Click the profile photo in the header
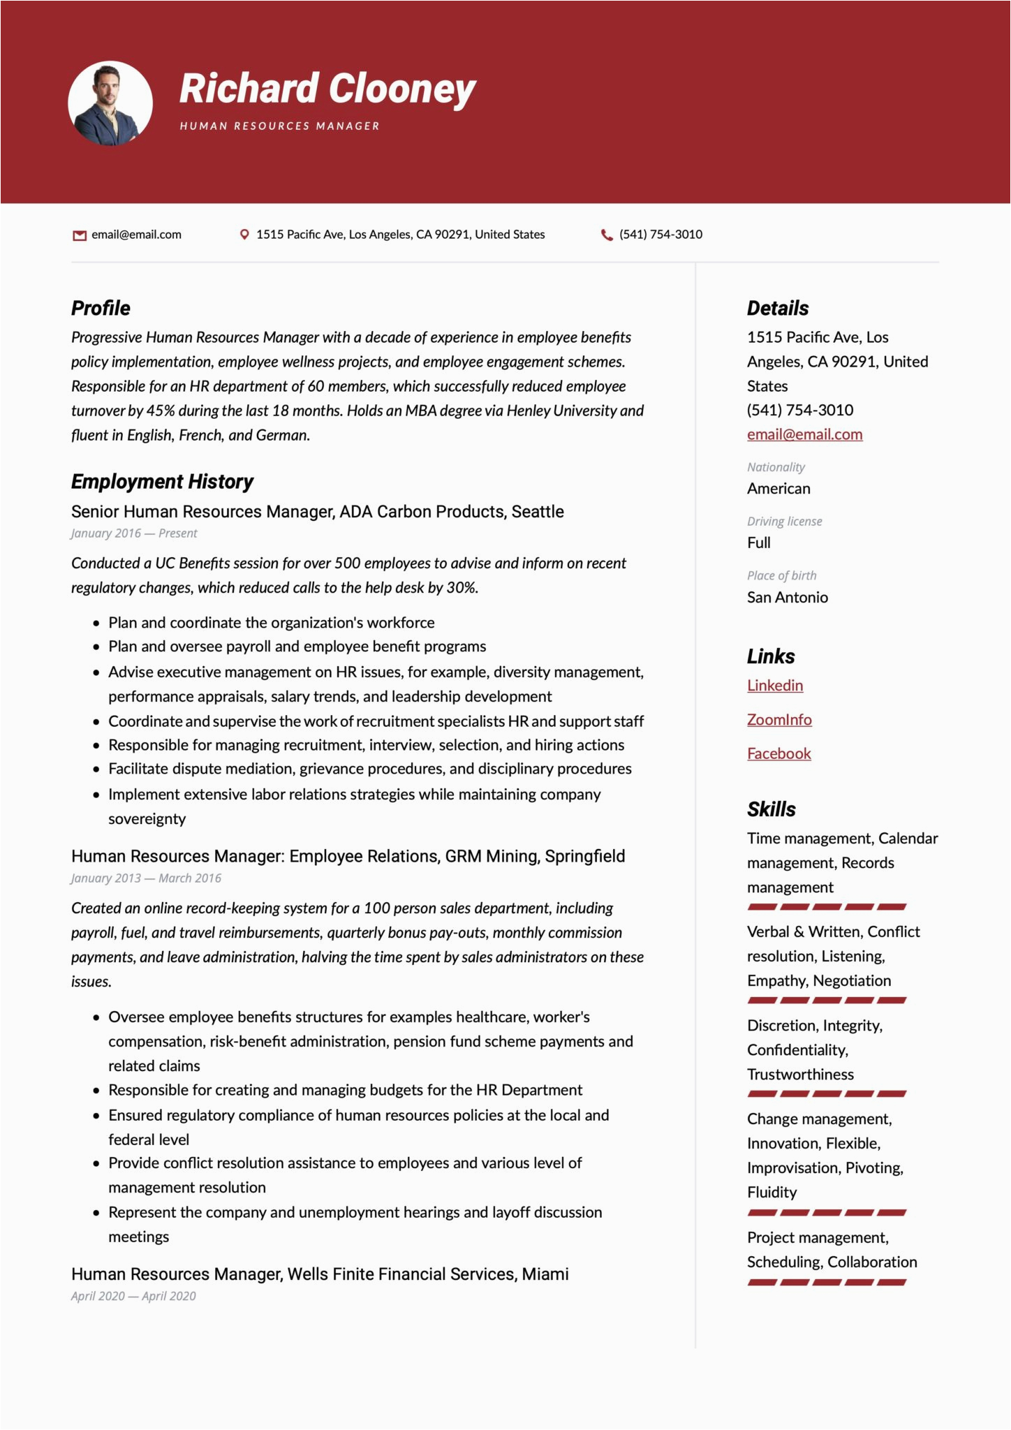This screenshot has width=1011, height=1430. click(110, 103)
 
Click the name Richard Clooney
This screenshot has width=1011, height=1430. click(327, 89)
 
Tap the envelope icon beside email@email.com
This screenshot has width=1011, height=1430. click(79, 235)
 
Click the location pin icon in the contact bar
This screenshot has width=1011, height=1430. click(244, 235)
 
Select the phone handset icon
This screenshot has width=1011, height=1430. click(607, 235)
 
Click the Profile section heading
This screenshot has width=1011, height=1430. click(101, 308)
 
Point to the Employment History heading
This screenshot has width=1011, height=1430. click(162, 482)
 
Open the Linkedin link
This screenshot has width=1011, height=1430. click(775, 686)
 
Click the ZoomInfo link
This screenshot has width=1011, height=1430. click(779, 720)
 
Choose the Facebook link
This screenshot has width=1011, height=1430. click(779, 754)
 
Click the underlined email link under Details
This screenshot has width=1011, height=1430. click(804, 434)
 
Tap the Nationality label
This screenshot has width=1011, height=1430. click(776, 467)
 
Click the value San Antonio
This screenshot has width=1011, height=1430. click(788, 598)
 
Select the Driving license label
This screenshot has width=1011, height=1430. click(785, 522)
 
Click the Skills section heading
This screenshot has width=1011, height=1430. click(772, 809)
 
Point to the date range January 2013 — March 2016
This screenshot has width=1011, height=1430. click(146, 878)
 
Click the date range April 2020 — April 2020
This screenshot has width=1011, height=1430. click(133, 1296)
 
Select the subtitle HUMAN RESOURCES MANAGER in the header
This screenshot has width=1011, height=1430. click(279, 126)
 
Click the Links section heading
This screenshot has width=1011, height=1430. click(771, 656)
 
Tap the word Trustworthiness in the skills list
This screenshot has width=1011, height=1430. click(800, 1075)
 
